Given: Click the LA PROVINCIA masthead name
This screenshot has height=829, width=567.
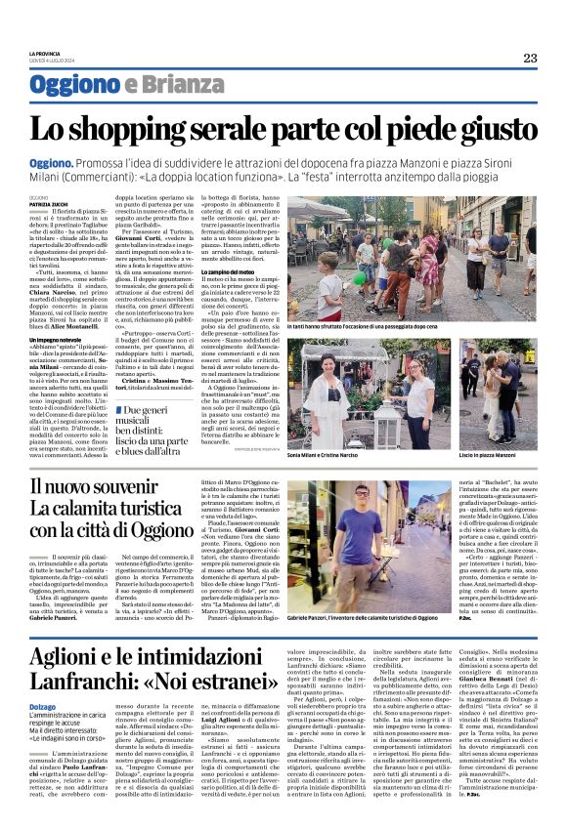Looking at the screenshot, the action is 44,52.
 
